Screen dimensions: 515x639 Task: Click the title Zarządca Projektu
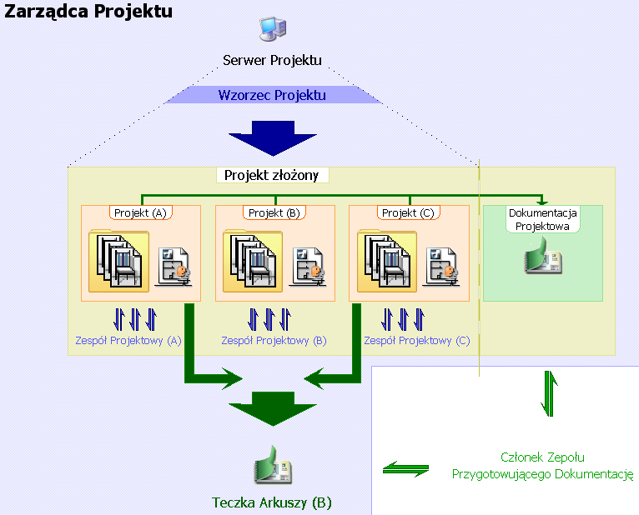pos(89,12)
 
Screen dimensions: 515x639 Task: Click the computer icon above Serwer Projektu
pos(273,29)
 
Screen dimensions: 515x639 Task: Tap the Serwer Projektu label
pos(272,60)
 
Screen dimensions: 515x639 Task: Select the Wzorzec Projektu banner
pos(272,95)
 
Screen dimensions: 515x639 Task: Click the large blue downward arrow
pos(272,137)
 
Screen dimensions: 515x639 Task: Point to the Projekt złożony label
pos(273,175)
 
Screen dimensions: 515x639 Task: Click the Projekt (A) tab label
pos(140,212)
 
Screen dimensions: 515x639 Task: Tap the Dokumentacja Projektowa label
pos(542,219)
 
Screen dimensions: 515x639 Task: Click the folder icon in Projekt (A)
pos(118,262)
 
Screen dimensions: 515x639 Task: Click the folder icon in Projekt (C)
pos(385,262)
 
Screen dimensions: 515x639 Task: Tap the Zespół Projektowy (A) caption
pos(128,340)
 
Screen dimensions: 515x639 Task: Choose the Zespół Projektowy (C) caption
pos(416,340)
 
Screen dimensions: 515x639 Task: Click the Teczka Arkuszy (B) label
pos(272,502)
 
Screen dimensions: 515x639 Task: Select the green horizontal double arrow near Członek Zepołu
pos(405,469)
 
